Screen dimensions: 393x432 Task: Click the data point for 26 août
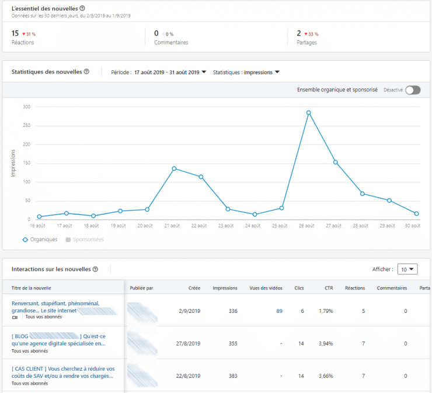click(x=308, y=112)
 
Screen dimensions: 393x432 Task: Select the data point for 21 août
click(x=174, y=168)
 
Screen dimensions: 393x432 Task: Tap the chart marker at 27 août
click(x=335, y=162)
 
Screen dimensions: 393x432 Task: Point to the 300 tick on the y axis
click(x=26, y=106)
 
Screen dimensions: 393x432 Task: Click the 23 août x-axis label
click(x=227, y=226)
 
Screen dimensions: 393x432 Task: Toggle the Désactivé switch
click(x=413, y=90)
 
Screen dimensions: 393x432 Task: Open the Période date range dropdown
click(x=170, y=73)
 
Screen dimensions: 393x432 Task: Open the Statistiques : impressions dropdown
click(x=246, y=73)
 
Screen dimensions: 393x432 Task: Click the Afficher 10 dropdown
click(x=407, y=270)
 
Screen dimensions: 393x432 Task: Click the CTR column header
click(x=329, y=288)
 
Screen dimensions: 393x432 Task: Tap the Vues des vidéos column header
click(x=266, y=288)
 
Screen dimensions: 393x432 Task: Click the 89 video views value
click(x=279, y=311)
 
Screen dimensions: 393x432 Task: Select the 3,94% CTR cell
click(x=325, y=343)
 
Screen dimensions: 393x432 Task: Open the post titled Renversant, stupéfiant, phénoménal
click(x=55, y=306)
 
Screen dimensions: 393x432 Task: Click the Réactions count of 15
click(x=15, y=33)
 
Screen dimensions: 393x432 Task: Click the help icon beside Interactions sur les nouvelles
click(x=95, y=270)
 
